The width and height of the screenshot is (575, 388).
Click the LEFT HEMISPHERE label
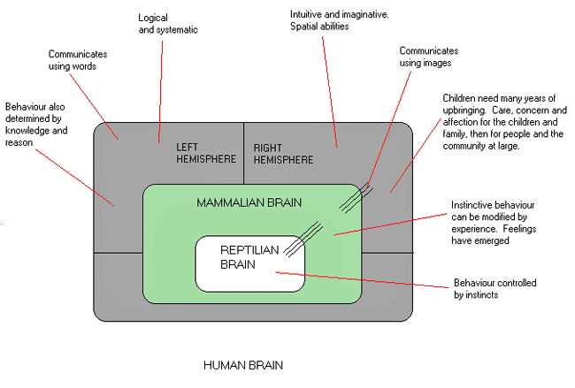click(205, 153)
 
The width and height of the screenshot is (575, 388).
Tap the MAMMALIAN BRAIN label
click(249, 203)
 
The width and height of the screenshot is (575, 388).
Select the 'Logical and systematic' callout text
click(168, 23)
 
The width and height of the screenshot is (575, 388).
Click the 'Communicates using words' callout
click(84, 59)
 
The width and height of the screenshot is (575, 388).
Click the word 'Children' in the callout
click(461, 96)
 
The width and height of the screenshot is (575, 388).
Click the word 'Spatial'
click(304, 27)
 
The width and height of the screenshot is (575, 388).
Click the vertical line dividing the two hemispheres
click(242, 153)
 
